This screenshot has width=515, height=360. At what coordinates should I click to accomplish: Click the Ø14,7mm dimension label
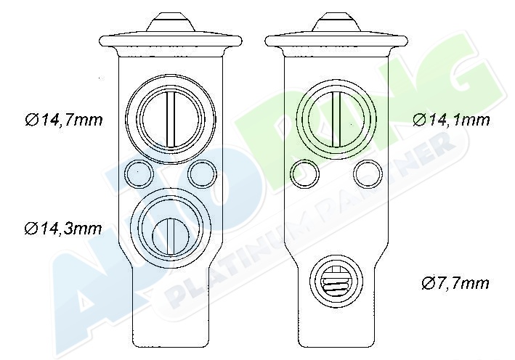(x=64, y=120)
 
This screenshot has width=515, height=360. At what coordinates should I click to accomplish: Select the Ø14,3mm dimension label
(x=63, y=229)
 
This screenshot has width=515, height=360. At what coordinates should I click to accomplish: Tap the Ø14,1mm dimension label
(x=451, y=120)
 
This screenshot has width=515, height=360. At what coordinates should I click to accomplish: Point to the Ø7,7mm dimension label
(x=455, y=283)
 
